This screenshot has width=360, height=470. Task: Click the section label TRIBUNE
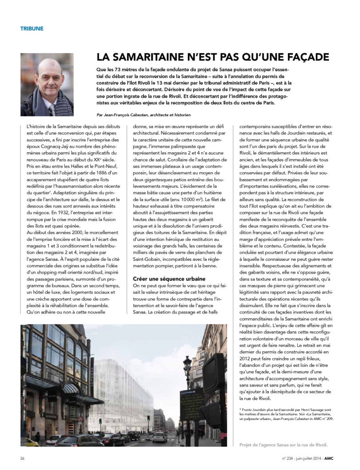coord(32,28)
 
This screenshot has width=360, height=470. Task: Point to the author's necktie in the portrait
coord(52,110)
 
